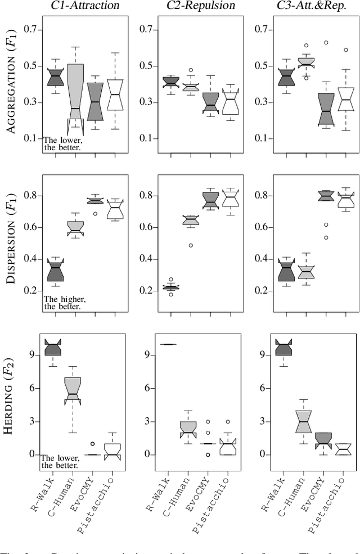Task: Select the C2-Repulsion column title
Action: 191,6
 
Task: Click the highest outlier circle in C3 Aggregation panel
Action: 326,42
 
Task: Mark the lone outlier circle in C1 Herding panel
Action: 94,444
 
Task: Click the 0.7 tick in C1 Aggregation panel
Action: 35,29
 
